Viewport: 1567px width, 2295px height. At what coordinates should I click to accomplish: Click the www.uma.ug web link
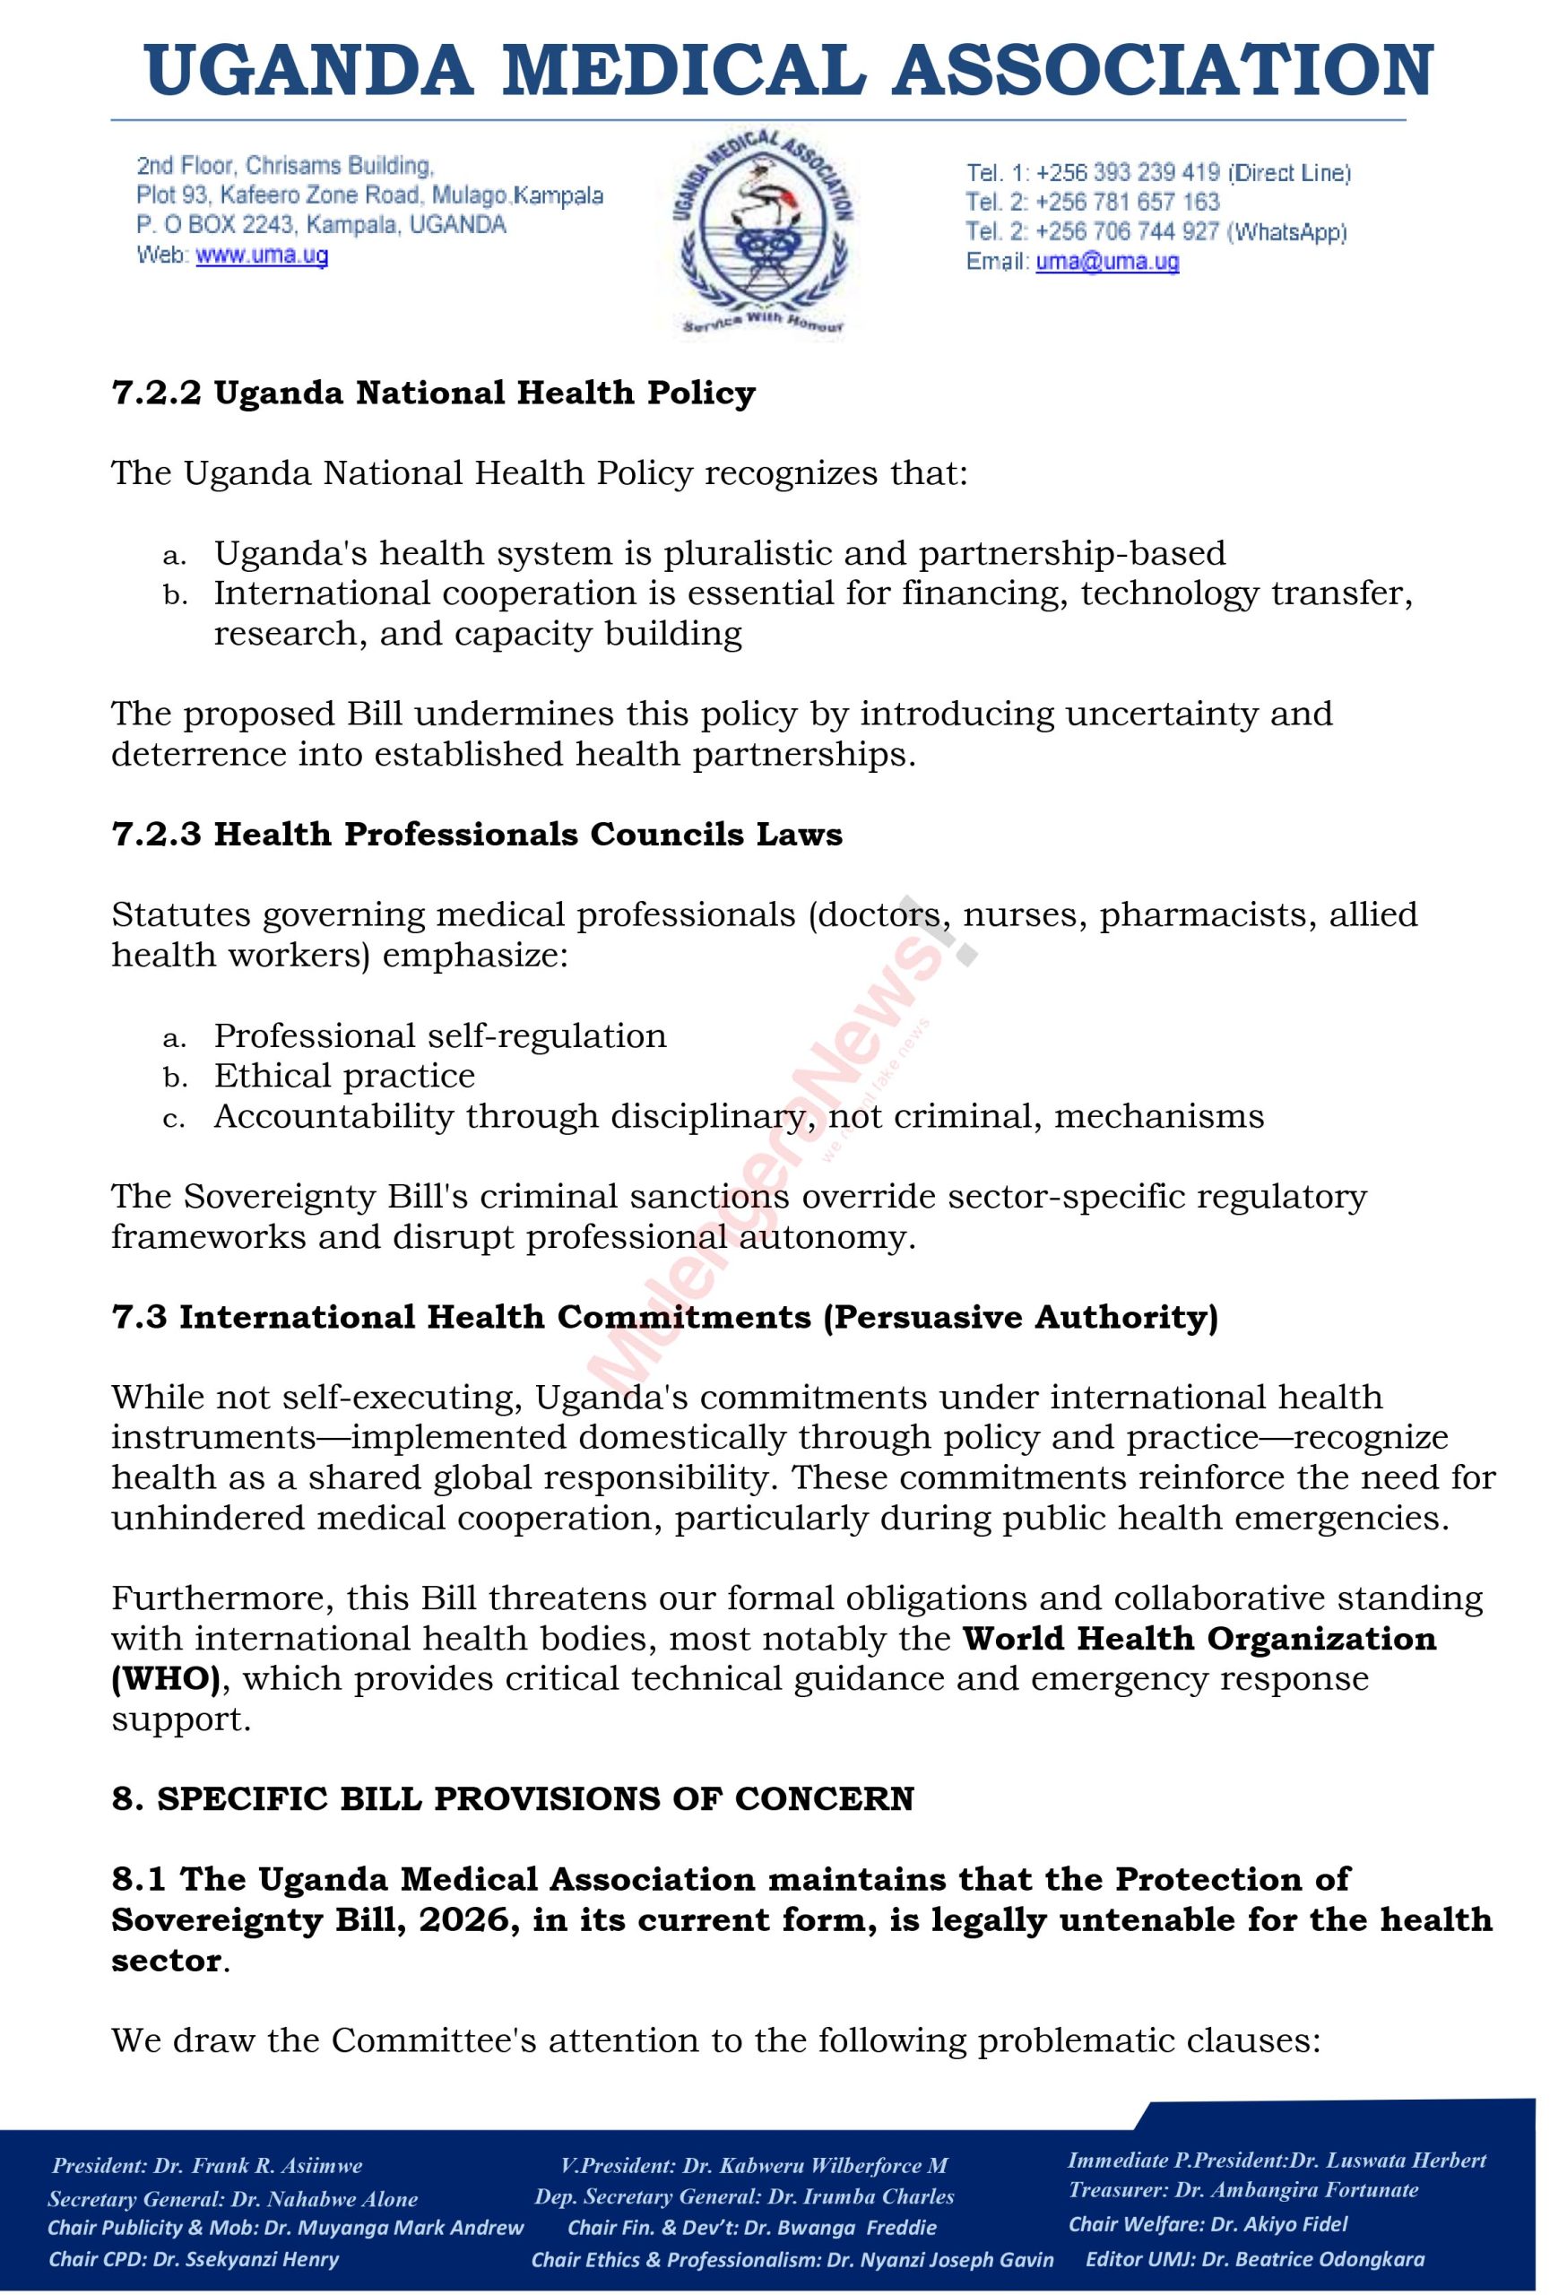click(x=262, y=255)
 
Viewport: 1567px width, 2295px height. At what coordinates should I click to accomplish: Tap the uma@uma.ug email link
click(x=1107, y=262)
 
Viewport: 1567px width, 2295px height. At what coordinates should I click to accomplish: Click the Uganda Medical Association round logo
click(x=763, y=231)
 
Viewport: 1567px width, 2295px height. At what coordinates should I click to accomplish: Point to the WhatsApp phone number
click(x=1128, y=232)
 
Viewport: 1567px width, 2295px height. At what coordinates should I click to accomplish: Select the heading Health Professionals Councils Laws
click(x=528, y=835)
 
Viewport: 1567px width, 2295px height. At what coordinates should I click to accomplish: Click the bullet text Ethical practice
click(x=344, y=1076)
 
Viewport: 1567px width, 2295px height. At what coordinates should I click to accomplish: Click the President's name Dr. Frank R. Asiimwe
click(x=257, y=2166)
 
